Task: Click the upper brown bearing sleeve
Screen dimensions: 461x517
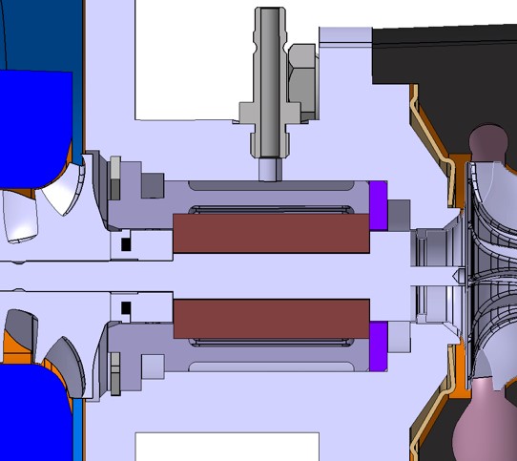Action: pos(271,233)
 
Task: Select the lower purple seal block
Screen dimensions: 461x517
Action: pos(379,346)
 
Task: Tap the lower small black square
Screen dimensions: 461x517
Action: pos(126,308)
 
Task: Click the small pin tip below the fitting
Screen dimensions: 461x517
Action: pos(270,169)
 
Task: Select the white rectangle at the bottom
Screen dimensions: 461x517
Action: pos(226,446)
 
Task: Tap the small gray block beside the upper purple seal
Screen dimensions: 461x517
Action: pos(399,213)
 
